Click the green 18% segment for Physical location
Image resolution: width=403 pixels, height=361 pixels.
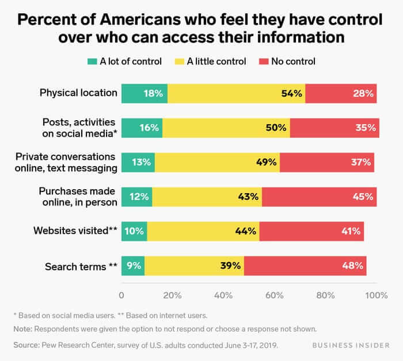pos(144,93)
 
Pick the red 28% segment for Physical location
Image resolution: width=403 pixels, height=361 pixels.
pos(341,93)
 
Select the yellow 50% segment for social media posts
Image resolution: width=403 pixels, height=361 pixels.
pos(226,128)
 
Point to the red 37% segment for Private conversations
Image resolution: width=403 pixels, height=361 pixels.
pos(326,162)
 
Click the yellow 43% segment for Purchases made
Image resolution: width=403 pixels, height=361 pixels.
pos(207,197)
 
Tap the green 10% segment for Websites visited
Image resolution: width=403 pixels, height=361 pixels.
pos(134,231)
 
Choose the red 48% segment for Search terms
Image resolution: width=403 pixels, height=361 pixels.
pos(305,266)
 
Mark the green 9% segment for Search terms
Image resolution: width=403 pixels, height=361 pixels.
pos(133,266)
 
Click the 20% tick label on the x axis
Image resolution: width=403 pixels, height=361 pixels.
pos(172,295)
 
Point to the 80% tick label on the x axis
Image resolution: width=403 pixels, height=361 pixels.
pos(326,295)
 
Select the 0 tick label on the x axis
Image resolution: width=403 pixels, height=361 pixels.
pos(121,295)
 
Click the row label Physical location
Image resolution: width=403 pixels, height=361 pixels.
pos(78,93)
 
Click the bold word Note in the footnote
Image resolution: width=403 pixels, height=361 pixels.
pos(22,329)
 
